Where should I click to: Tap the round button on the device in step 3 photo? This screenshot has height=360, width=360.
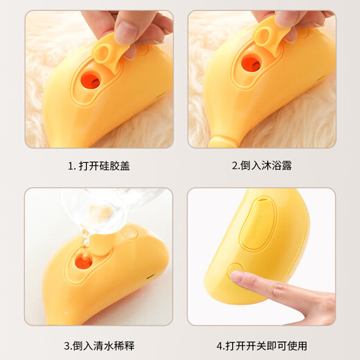(x=128, y=235)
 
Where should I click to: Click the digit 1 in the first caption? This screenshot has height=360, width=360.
(x=70, y=166)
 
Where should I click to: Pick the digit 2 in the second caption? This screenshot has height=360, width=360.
(x=234, y=166)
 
